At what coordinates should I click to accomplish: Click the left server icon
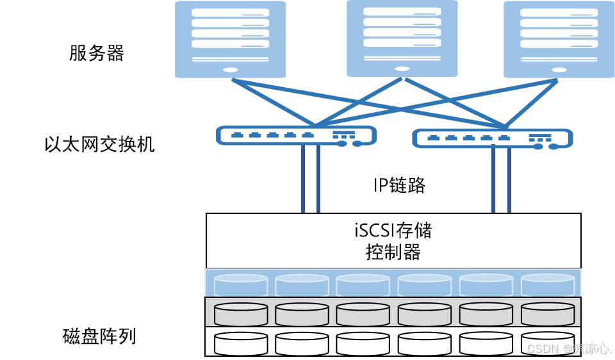point(231,38)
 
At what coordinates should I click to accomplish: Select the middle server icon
point(402,38)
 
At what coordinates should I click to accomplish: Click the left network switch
point(297,136)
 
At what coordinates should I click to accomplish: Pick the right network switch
point(492,138)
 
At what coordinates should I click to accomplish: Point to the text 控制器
point(393,252)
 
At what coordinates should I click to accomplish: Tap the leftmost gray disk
point(241,314)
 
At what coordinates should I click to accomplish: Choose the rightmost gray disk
point(547,314)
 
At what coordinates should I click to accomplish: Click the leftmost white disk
point(241,343)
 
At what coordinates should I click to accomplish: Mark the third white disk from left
point(363,343)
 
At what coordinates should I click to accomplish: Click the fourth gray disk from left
point(425,314)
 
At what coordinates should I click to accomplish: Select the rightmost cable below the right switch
point(509,179)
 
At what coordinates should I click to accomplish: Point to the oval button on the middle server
point(402,68)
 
